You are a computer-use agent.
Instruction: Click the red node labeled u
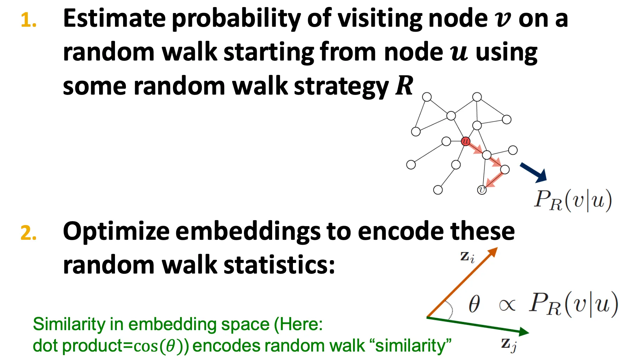pos(465,141)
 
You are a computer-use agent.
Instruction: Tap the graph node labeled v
pos(481,190)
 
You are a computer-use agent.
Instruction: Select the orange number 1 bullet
pos(28,20)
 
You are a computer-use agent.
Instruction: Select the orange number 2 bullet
pos(28,233)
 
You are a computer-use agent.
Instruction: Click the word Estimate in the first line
pos(114,18)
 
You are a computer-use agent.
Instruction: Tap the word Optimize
pos(116,232)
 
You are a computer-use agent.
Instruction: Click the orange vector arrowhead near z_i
pos(492,252)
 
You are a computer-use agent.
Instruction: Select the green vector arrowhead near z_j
pos(524,332)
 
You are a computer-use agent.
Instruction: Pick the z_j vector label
pos(509,345)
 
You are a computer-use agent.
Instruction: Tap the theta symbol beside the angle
pos(474,304)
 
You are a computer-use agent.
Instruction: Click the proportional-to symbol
pos(507,305)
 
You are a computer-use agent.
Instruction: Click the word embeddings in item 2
pos(248,232)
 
